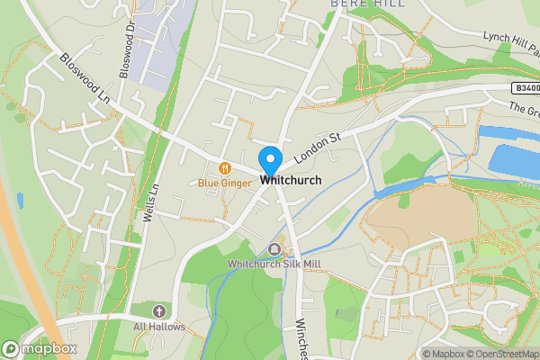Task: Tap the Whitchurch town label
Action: [291, 181]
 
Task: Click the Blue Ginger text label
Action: [225, 183]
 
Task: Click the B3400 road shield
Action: [526, 88]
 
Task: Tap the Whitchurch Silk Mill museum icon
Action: [274, 249]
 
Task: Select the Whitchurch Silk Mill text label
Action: [274, 263]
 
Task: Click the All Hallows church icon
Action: [158, 310]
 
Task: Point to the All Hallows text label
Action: [159, 327]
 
